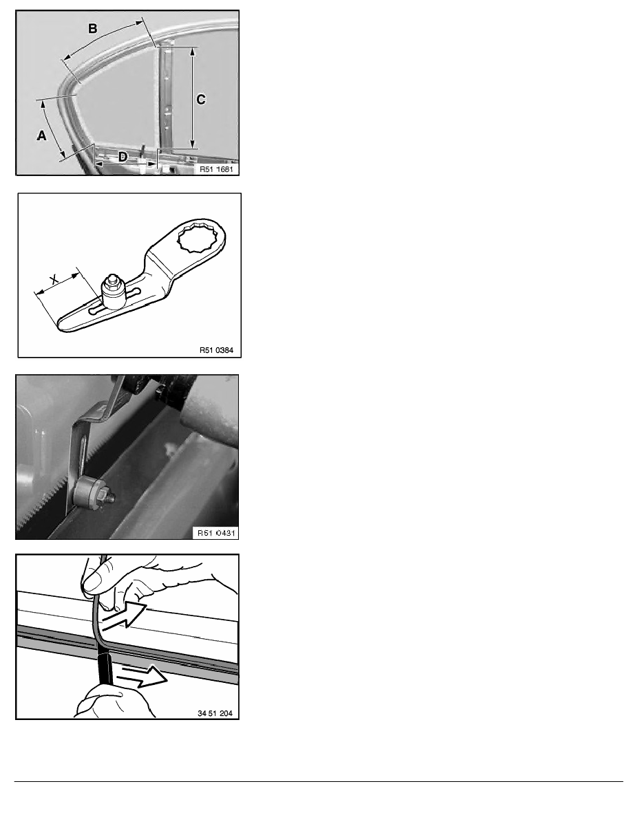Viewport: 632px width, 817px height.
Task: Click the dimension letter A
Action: pyautogui.click(x=42, y=135)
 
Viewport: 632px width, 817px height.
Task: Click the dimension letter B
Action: pyautogui.click(x=92, y=28)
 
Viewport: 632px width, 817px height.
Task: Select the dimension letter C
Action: pyautogui.click(x=201, y=99)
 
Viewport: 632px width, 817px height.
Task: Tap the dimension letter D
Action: pyautogui.click(x=122, y=156)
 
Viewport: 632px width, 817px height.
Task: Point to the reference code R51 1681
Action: pyautogui.click(x=216, y=169)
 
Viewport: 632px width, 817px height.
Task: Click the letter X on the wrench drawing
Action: pyautogui.click(x=54, y=280)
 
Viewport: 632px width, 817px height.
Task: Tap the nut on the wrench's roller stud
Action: pyautogui.click(x=113, y=281)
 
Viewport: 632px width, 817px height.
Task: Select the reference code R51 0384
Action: pyautogui.click(x=216, y=350)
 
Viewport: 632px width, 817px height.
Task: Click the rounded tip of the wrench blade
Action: pyautogui.click(x=61, y=324)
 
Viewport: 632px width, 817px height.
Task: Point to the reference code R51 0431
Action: pyautogui.click(x=216, y=533)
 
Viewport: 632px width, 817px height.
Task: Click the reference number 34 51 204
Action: pyautogui.click(x=215, y=712)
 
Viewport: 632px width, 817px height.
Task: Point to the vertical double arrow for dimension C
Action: pyautogui.click(x=193, y=98)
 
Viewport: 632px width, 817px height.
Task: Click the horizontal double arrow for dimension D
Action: pyautogui.click(x=125, y=164)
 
